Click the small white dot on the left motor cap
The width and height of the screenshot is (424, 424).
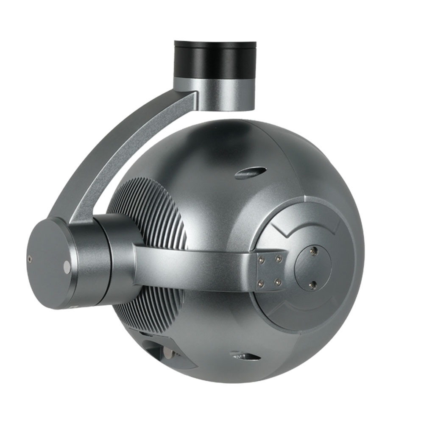(67, 266)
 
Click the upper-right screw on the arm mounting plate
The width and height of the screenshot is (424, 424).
(279, 257)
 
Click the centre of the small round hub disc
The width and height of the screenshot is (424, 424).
(313, 268)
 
